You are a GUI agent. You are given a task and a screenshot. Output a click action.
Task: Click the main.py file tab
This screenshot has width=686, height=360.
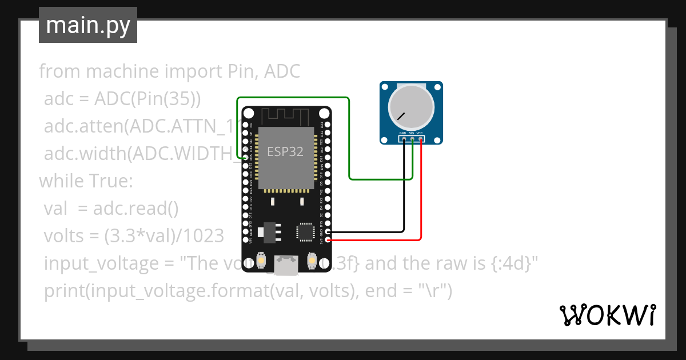click(87, 25)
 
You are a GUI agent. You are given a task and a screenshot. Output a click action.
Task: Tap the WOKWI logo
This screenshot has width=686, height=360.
click(607, 315)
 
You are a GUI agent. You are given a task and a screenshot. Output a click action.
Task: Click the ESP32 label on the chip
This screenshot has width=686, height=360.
click(285, 151)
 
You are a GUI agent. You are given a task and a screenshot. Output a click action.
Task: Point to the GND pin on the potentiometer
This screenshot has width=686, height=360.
click(404, 138)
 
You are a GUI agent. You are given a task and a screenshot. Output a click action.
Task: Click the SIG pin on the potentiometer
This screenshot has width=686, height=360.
click(412, 138)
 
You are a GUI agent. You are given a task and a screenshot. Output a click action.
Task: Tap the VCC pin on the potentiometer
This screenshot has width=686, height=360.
click(421, 138)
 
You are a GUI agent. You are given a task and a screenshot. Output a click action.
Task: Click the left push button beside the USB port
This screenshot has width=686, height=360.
click(261, 261)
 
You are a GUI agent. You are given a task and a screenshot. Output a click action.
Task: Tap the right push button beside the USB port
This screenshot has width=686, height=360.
click(312, 261)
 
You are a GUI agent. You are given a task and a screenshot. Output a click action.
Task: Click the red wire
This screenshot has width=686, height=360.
click(421, 194)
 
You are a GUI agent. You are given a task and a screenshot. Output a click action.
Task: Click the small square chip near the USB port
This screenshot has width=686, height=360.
click(305, 232)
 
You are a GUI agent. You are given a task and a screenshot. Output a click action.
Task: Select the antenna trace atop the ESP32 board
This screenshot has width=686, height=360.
click(286, 116)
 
